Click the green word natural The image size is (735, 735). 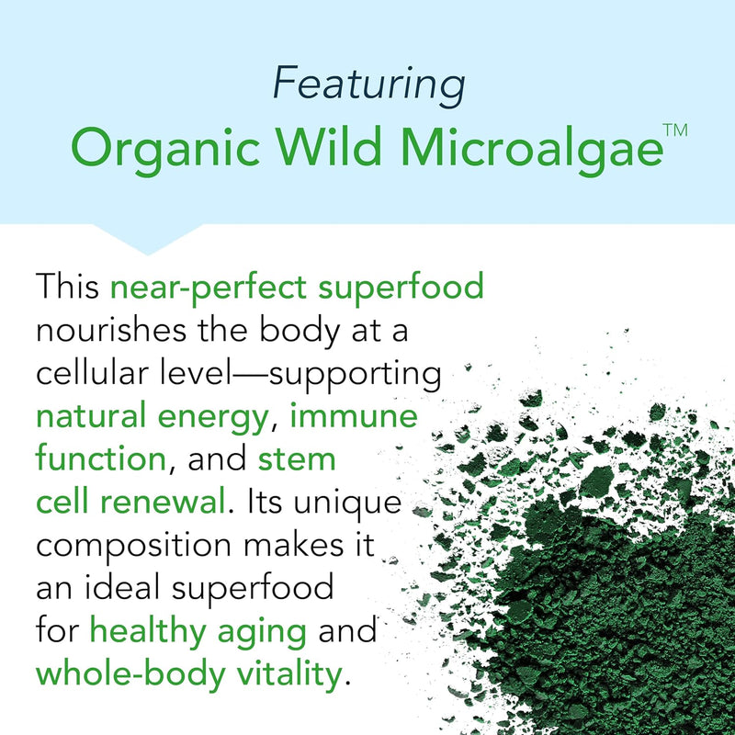point(98,419)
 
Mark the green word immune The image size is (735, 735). point(354,417)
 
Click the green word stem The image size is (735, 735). point(296,460)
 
